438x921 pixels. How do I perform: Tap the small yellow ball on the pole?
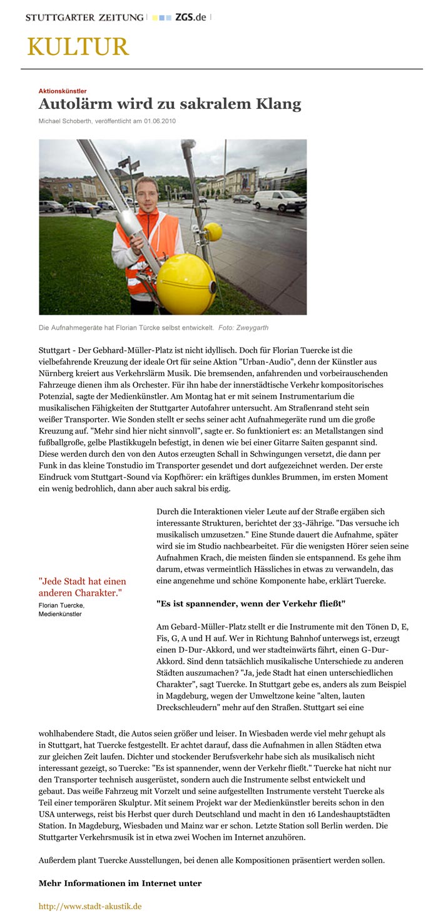coord(213,232)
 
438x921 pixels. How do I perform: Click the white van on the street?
coord(279,200)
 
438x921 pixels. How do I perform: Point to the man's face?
coord(146,191)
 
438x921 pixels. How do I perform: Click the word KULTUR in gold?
coord(78,48)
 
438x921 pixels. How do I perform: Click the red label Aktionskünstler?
coord(63,91)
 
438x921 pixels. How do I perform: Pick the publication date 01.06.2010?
coord(160,121)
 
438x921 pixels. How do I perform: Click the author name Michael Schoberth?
coord(65,121)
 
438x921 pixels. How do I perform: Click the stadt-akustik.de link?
coord(90,906)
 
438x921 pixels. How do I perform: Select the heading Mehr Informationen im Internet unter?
coord(120,883)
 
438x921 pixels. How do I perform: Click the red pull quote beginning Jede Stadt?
coord(82,587)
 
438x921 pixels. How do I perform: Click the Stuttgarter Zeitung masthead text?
coord(84,18)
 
